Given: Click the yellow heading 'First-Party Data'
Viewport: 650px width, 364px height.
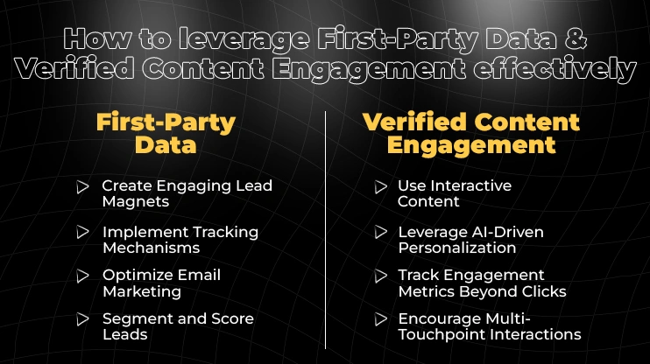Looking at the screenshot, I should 166,134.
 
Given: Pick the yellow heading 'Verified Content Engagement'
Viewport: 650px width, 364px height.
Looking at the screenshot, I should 471,134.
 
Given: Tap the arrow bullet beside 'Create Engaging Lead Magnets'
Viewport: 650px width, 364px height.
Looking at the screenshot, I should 82,186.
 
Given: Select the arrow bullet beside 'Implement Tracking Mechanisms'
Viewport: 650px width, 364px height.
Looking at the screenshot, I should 82,232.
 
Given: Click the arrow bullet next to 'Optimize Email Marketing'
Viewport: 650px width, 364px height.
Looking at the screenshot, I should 82,276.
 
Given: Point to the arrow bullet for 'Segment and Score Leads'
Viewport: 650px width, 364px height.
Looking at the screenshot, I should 82,318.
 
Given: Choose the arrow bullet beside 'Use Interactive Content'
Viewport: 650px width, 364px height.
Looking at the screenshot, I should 379,186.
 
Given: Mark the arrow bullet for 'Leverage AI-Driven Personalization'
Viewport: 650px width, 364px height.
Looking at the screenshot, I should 379,232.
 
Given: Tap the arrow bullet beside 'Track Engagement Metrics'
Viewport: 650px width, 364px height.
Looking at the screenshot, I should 379,276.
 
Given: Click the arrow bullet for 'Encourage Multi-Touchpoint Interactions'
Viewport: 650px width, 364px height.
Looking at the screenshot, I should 379,318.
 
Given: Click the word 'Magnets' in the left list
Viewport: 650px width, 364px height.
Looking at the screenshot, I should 135,202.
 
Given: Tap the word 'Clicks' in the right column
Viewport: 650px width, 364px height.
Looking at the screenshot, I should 542,291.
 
